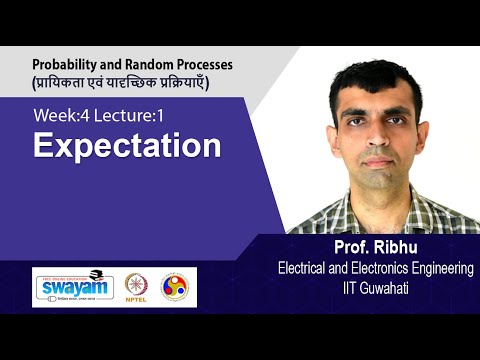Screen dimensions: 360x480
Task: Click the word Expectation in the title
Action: click(127, 146)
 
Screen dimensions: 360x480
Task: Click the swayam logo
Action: click(71, 286)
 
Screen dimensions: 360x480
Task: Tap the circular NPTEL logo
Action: click(136, 286)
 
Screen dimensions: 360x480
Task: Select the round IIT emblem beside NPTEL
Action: click(173, 286)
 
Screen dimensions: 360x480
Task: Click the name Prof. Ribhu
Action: click(369, 248)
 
